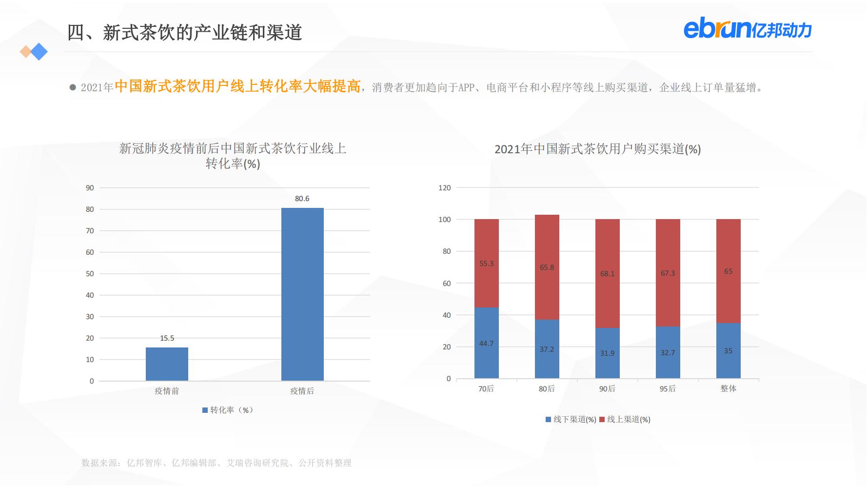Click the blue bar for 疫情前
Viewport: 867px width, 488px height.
[x=167, y=364]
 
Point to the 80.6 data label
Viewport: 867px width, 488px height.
[x=302, y=199]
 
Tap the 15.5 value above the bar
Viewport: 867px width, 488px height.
[x=167, y=338]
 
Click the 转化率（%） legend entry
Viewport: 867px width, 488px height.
[x=228, y=410]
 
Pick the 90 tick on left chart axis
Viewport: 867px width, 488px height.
[x=90, y=188]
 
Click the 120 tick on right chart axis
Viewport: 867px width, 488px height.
[x=444, y=188]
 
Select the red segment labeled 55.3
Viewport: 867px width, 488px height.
[x=486, y=264]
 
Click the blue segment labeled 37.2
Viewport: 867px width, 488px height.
[x=547, y=349]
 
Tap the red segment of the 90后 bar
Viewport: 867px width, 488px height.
[x=607, y=273]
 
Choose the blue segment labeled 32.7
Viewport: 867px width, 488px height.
[x=668, y=352]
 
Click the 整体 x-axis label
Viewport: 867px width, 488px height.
[x=728, y=388]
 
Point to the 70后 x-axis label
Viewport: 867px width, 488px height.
[x=486, y=388]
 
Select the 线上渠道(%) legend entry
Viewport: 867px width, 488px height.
[x=625, y=419]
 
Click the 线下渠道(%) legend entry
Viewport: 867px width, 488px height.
[x=571, y=419]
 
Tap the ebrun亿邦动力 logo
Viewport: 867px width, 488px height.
[x=747, y=29]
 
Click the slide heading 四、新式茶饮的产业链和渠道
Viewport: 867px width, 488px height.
[x=184, y=33]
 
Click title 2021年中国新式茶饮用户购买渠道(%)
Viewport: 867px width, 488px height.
[x=597, y=149]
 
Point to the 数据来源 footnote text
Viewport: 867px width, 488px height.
[x=216, y=463]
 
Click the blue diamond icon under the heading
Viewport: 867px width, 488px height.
[x=39, y=52]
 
